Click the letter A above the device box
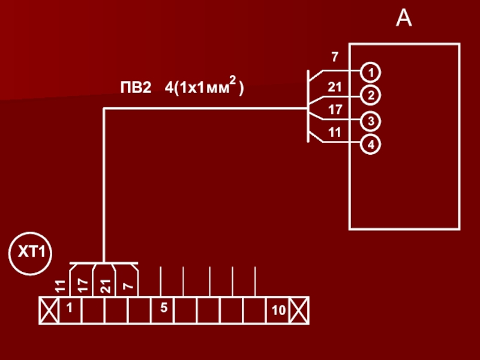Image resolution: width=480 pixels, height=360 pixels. (404, 18)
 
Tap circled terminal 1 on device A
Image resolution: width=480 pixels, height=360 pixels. (370, 73)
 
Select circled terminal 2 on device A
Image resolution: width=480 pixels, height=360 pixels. (370, 95)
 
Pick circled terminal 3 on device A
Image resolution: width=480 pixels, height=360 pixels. (370, 121)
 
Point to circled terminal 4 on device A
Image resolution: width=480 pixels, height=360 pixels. (370, 144)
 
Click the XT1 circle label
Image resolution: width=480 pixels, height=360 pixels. (31, 253)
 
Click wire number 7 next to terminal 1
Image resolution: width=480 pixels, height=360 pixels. (335, 57)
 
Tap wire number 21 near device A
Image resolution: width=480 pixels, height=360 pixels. (335, 87)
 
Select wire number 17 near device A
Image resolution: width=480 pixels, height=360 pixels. (335, 110)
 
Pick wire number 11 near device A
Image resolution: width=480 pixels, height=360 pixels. (335, 133)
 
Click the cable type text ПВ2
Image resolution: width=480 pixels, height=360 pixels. (136, 88)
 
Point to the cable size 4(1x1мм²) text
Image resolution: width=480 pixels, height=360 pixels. (204, 86)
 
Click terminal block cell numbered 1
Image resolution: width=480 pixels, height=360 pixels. (70, 310)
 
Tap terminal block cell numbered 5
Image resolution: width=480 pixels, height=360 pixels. (163, 310)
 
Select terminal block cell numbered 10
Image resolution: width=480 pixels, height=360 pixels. (278, 310)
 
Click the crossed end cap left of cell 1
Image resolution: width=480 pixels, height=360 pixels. (49, 310)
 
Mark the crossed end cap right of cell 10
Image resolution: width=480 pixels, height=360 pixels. (299, 310)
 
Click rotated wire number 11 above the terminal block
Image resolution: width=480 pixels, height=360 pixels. (61, 286)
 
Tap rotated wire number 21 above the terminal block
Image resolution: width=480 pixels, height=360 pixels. (106, 286)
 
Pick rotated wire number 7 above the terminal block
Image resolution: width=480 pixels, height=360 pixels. (128, 286)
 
